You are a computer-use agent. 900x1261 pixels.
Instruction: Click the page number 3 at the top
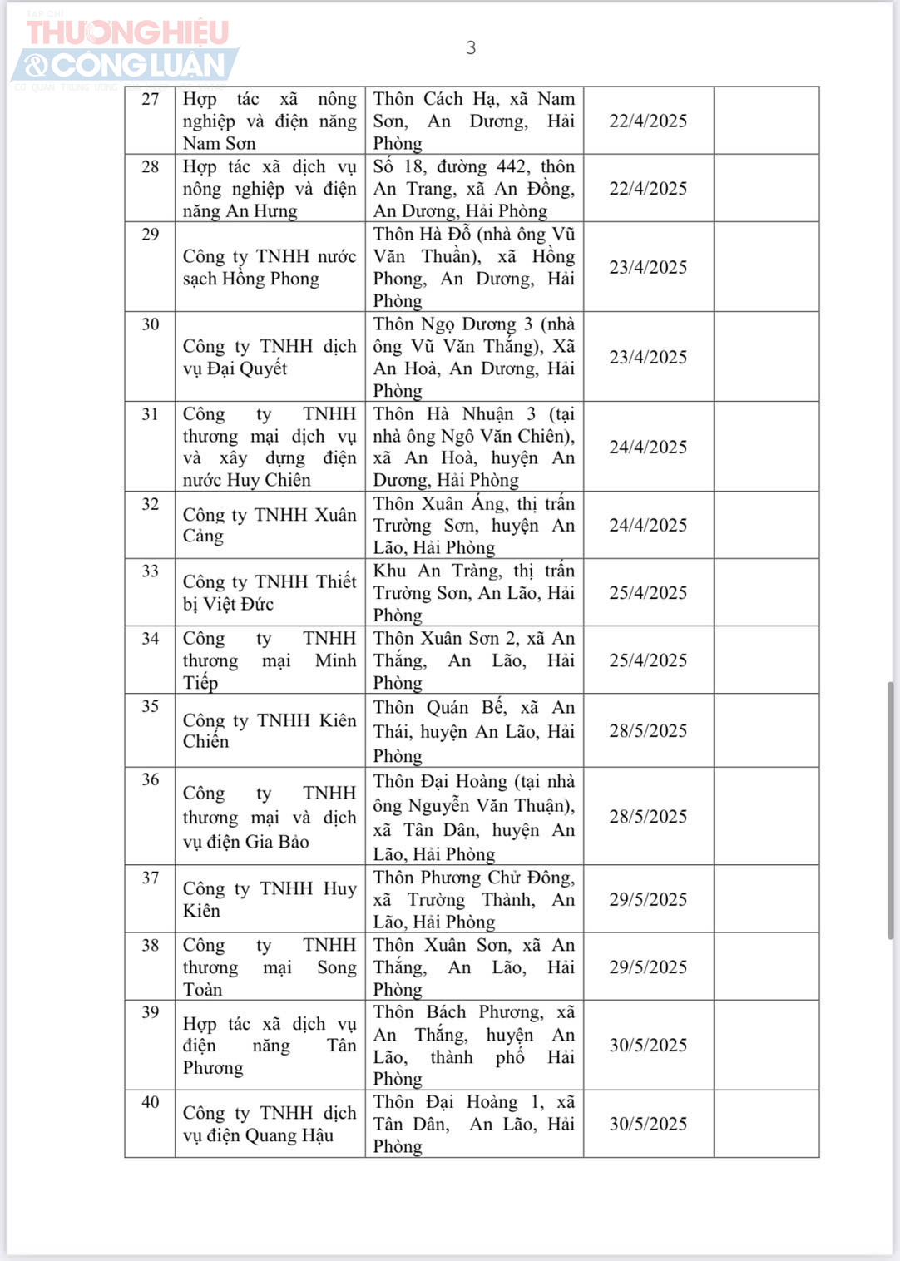point(471,48)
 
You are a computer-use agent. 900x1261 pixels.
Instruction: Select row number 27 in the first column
point(151,100)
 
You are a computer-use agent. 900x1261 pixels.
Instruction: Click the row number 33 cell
point(151,571)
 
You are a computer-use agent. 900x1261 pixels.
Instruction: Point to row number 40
point(151,1102)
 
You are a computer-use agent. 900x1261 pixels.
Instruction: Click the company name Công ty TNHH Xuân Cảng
point(270,525)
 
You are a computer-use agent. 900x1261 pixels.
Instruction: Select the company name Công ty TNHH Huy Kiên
point(270,899)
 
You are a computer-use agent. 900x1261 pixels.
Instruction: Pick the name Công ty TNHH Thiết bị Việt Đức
point(270,592)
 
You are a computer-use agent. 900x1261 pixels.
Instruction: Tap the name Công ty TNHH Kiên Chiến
point(270,730)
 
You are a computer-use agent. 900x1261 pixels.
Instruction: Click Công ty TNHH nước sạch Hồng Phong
point(270,267)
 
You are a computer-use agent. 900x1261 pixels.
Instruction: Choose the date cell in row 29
point(648,267)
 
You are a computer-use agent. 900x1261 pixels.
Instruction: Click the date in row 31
point(648,447)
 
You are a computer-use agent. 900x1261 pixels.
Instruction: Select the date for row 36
point(648,816)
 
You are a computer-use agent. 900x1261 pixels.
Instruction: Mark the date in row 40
point(648,1124)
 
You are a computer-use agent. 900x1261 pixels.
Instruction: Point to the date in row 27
point(648,121)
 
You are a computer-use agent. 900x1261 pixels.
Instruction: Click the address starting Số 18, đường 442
point(473,188)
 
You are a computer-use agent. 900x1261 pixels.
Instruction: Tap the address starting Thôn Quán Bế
point(473,731)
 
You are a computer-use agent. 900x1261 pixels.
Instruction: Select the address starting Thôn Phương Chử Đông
point(473,899)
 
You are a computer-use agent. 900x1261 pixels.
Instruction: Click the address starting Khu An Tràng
point(473,592)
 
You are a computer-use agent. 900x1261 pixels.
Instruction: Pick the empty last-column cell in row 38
point(766,967)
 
